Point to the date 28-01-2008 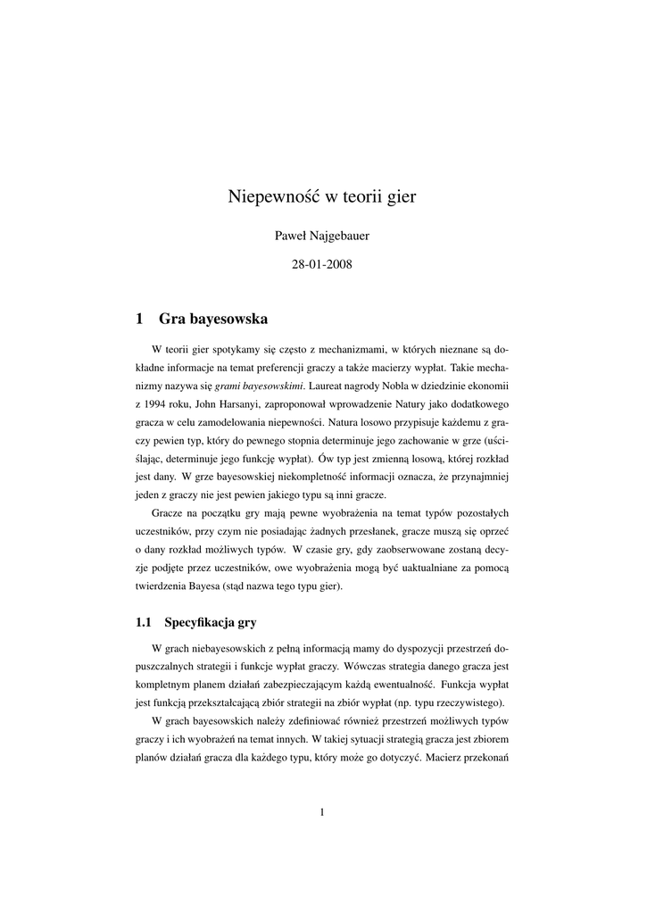click(x=322, y=265)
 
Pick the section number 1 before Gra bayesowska click(x=140, y=318)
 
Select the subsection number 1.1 click(x=144, y=621)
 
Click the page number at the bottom click(x=322, y=811)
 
